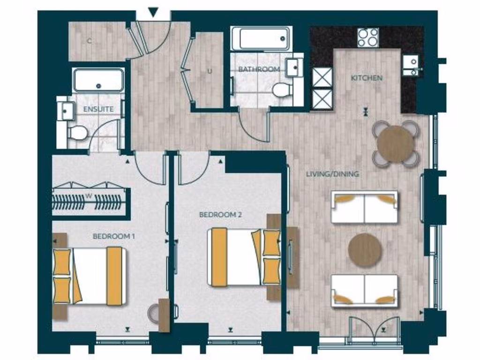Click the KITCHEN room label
point(367,78)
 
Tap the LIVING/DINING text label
point(332,174)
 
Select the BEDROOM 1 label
point(114,236)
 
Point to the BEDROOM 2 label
point(220,215)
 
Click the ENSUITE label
point(98,109)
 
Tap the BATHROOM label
point(259,69)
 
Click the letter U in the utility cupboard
point(210,72)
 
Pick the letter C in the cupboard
point(89,41)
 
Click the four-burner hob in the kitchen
point(368,37)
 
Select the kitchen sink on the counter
point(410,65)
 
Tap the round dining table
point(395,144)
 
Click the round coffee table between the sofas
point(365,250)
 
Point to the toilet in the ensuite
point(78,133)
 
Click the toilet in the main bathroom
point(282,90)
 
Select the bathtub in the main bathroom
point(261,38)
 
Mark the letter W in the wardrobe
point(88,196)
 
